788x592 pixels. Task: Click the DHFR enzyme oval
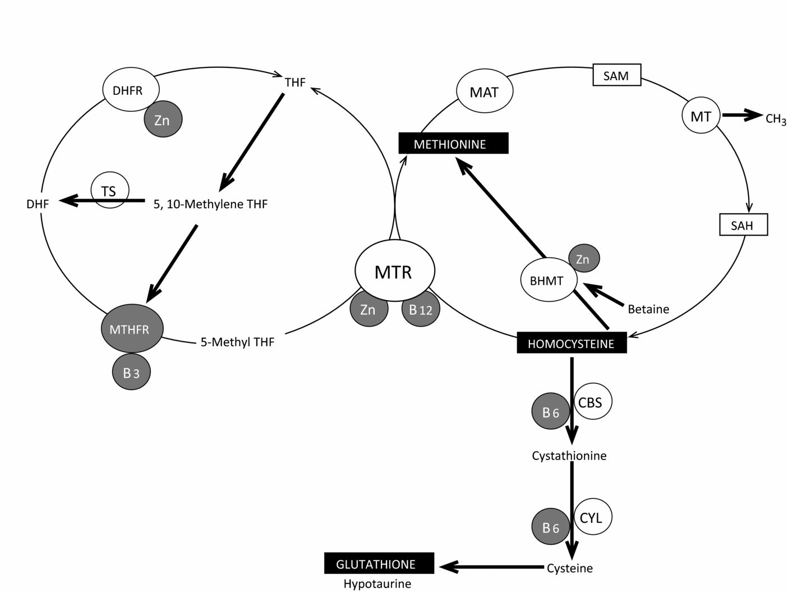(131, 90)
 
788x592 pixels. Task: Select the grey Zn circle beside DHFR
(163, 120)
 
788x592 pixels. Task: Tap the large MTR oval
(395, 271)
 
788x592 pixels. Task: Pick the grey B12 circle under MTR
(421, 309)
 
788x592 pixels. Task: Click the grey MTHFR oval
(132, 329)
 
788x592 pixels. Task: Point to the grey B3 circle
(131, 372)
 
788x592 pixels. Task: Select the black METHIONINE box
(453, 144)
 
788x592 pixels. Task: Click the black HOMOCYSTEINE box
(571, 343)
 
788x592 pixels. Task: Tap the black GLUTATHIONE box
(379, 563)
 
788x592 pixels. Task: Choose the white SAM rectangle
(616, 75)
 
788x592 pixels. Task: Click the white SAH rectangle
(743, 226)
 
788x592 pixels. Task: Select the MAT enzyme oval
(485, 91)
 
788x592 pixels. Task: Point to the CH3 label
(776, 119)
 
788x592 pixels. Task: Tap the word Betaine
(648, 309)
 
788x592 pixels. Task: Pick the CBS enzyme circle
(592, 402)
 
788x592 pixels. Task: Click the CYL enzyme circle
(592, 517)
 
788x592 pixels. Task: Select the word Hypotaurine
(377, 584)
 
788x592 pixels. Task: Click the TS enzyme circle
(110, 191)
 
